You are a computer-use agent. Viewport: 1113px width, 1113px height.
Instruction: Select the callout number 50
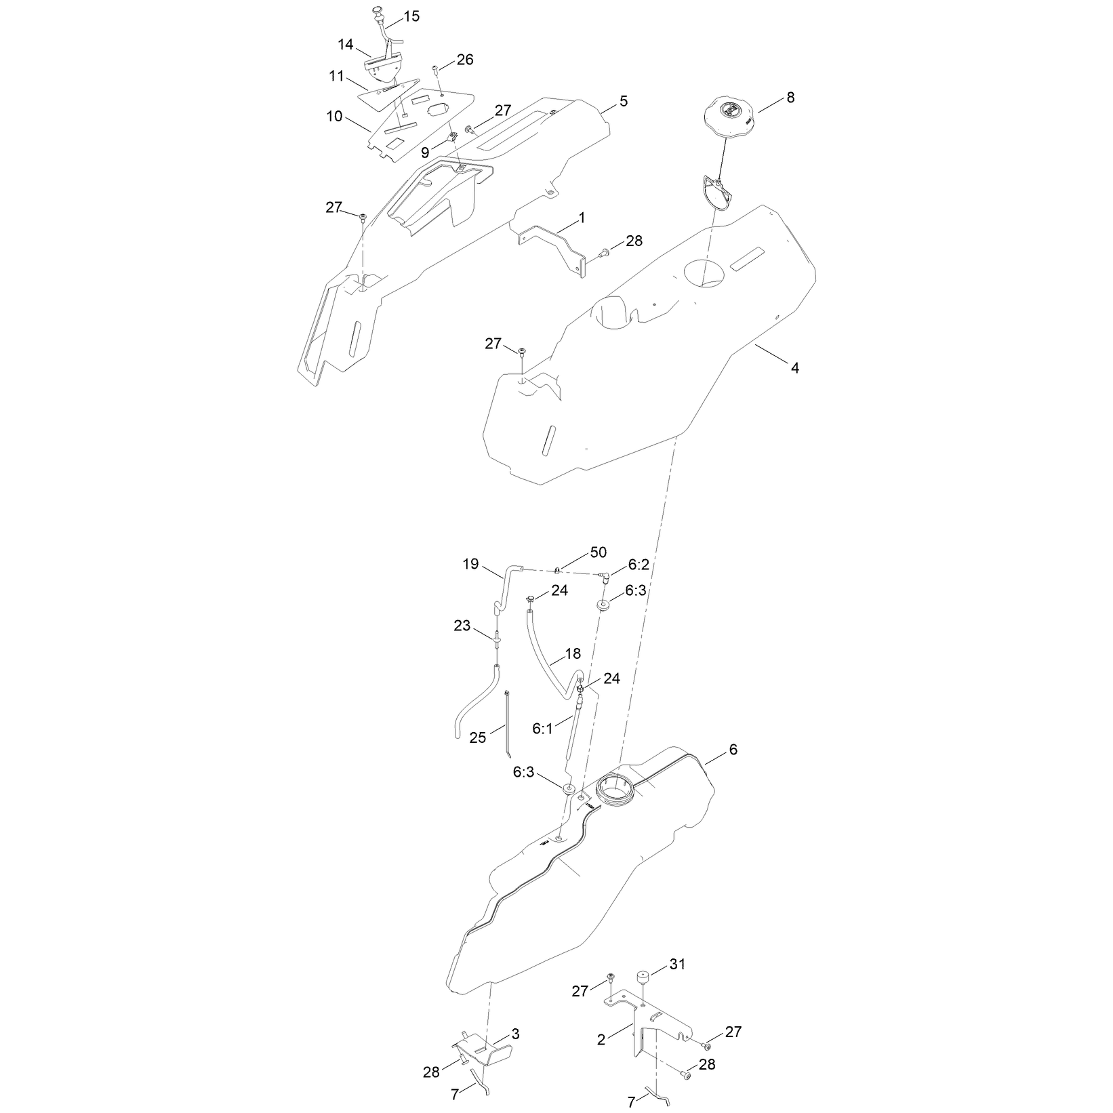click(x=598, y=552)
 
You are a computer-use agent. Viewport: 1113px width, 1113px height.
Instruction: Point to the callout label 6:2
click(x=639, y=565)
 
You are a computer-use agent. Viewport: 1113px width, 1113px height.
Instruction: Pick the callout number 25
click(x=478, y=737)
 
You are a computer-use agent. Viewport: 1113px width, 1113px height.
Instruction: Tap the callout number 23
click(x=462, y=626)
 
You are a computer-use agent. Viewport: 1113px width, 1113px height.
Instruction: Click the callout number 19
click(x=470, y=564)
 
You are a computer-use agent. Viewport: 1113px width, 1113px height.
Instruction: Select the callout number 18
click(x=573, y=654)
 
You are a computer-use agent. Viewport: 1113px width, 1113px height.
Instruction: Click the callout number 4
click(x=795, y=368)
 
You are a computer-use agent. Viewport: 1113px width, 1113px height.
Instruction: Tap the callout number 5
click(x=624, y=101)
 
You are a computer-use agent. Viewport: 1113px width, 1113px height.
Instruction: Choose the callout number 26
click(x=465, y=60)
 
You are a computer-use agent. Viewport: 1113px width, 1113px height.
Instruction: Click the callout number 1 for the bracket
click(x=582, y=218)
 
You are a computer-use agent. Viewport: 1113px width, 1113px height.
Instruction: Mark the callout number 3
click(x=516, y=1034)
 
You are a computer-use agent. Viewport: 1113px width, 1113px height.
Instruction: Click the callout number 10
click(x=335, y=116)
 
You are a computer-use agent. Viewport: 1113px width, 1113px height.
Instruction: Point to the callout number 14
click(x=346, y=45)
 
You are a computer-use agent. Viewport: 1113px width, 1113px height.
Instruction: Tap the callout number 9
click(x=425, y=153)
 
